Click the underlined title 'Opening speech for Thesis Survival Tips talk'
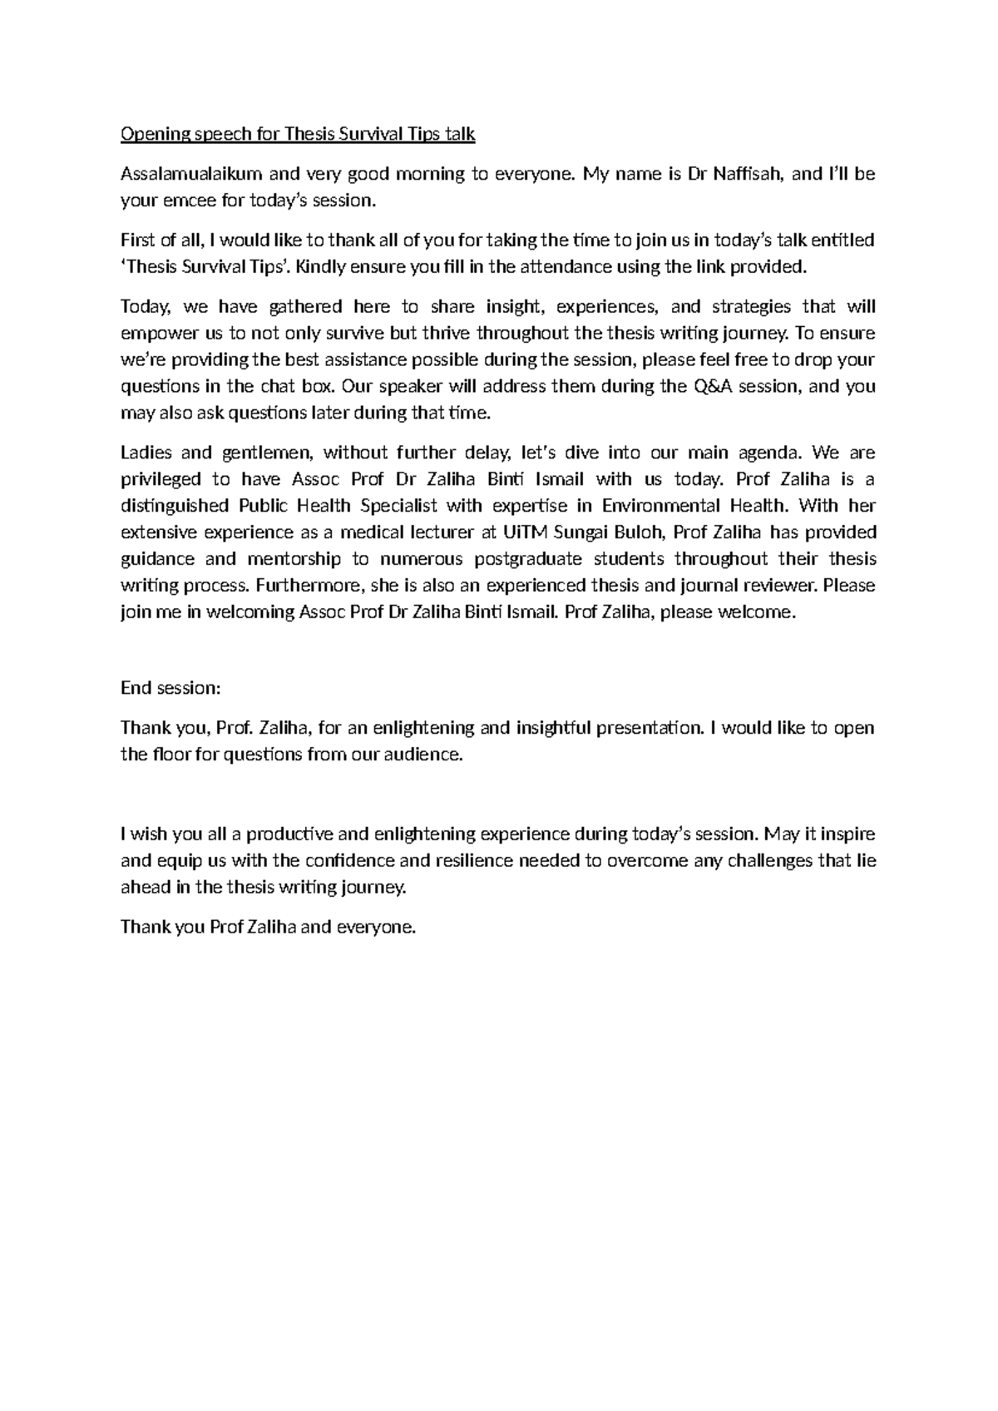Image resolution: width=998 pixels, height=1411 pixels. tap(298, 134)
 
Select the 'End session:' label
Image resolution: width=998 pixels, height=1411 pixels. tap(170, 688)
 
